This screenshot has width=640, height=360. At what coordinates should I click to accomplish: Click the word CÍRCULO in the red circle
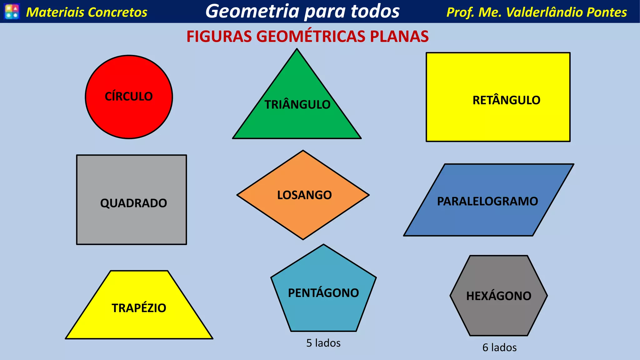129,96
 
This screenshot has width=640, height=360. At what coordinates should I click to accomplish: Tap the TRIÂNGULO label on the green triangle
297,104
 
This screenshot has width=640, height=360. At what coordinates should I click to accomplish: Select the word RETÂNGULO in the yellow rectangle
506,100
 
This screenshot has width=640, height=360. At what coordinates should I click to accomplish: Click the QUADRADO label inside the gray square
133,203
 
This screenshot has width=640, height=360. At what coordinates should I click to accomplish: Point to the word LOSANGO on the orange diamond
304,195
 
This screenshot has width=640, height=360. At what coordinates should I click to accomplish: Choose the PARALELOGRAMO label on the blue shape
487,201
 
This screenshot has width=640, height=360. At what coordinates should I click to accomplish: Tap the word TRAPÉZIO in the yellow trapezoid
139,308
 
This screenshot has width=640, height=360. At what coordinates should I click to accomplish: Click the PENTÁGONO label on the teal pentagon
323,293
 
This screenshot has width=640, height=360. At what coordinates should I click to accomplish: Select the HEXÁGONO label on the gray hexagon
499,296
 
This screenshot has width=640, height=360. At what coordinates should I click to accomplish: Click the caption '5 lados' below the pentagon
323,343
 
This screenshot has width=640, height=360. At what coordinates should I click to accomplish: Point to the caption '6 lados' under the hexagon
499,347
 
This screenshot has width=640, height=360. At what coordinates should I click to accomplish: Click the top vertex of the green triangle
297,49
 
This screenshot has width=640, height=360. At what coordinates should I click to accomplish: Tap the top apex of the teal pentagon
323,245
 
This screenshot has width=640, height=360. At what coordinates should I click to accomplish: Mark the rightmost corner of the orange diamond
368,195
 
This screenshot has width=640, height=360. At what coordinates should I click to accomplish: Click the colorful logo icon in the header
12,12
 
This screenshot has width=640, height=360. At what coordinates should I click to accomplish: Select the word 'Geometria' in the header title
252,11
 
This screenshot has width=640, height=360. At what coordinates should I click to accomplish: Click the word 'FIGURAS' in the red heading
219,36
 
